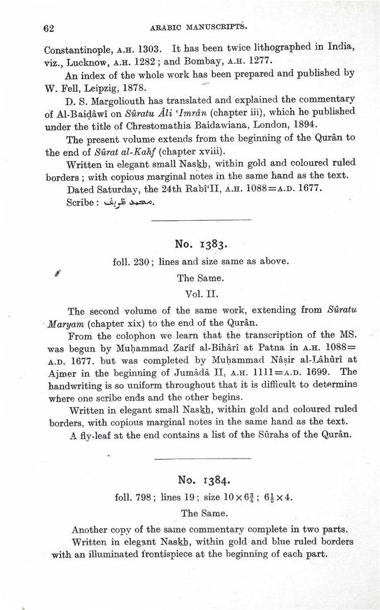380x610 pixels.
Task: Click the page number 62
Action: tap(48, 27)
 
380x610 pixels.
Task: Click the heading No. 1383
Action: tap(201, 244)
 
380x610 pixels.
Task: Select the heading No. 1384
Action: tap(202, 480)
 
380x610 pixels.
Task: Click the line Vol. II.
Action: tap(201, 294)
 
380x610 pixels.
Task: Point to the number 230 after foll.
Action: tap(144, 262)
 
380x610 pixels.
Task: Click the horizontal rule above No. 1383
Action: tap(201, 220)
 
